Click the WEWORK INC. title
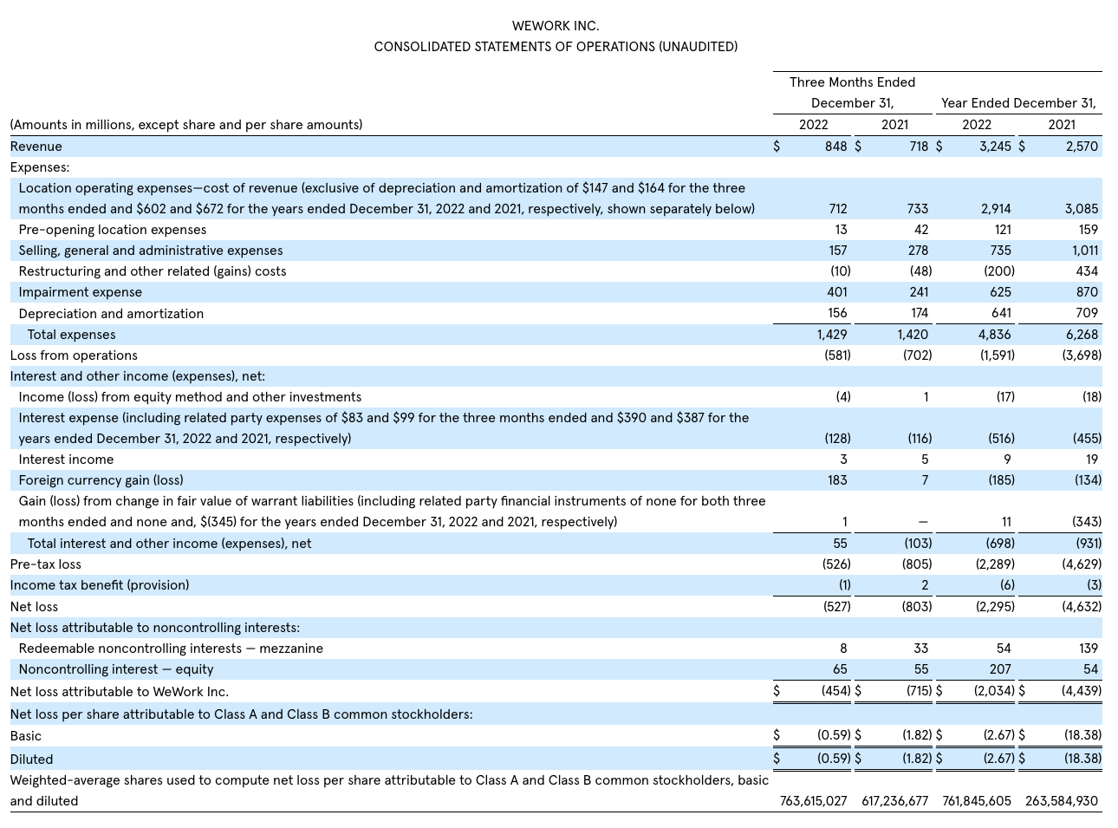tap(556, 26)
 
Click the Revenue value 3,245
tap(995, 147)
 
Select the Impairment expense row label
tap(80, 292)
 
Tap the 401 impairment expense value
tap(837, 292)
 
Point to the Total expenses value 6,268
tap(1081, 335)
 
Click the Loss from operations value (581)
tap(837, 355)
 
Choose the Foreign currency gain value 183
tap(836, 480)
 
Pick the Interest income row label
tap(66, 460)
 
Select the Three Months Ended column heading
tap(852, 82)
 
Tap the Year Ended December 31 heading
tap(1018, 103)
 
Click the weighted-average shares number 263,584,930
tap(1061, 801)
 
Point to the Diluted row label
tap(31, 760)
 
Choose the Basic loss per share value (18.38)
tap(1082, 735)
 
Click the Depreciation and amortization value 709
tap(1086, 313)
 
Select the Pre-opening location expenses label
tap(113, 230)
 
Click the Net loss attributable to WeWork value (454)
tap(836, 692)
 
